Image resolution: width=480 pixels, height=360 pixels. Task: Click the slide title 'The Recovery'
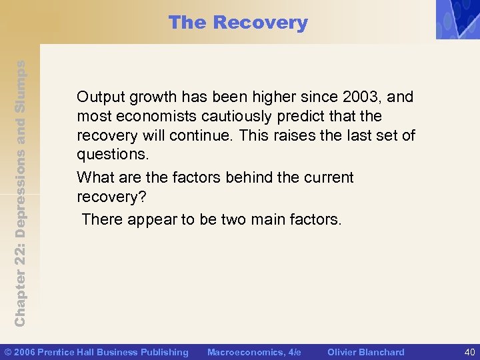238,23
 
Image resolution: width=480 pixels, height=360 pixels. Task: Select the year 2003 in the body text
361,97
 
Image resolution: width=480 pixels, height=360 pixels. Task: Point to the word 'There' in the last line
101,219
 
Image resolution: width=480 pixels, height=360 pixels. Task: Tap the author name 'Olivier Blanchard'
365,352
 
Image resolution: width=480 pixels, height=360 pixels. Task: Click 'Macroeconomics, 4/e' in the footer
254,352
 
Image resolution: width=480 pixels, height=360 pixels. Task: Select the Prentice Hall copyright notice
97,352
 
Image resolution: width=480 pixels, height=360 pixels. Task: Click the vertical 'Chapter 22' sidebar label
20,193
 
